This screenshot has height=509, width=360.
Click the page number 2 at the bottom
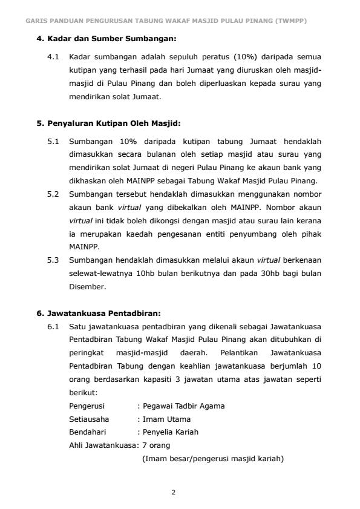173,492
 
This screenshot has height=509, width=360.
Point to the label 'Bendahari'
87,432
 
